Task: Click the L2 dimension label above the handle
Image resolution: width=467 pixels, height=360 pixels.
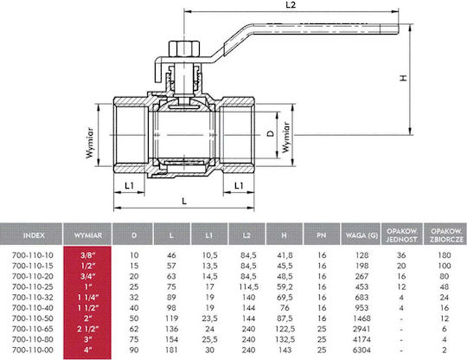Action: point(291,5)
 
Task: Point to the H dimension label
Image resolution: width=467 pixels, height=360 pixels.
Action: point(403,78)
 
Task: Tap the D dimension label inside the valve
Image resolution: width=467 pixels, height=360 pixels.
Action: point(270,133)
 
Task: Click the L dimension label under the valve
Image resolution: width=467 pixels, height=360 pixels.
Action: point(184,201)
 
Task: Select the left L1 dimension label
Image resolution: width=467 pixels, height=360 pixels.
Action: point(129,186)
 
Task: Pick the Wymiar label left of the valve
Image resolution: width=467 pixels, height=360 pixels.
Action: point(90,143)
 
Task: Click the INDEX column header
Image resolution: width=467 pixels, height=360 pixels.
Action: point(34,235)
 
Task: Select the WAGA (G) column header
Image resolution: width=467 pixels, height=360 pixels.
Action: point(361,235)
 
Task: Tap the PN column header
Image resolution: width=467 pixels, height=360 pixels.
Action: point(322,235)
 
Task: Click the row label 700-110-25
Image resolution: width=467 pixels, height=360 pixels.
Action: point(33,286)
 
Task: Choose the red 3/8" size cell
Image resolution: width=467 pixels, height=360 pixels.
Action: point(88,255)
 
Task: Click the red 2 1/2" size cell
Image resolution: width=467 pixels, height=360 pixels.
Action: point(87,329)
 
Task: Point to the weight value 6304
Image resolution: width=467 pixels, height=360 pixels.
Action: point(361,350)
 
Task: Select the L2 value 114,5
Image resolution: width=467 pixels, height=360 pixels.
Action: point(248,286)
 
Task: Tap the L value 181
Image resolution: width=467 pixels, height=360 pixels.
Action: point(171,350)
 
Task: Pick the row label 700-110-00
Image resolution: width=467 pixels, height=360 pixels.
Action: point(33,350)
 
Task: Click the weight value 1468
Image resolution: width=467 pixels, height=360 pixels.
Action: point(361,318)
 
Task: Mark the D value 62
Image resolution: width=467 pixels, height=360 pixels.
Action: point(134,329)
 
